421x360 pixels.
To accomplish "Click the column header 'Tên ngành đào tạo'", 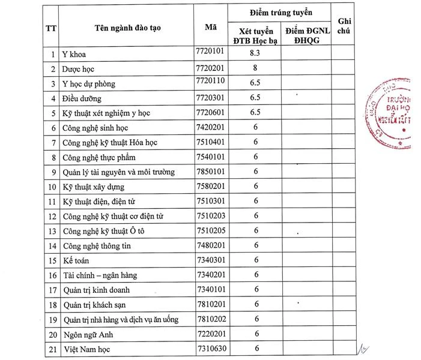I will pyautogui.click(x=127, y=27).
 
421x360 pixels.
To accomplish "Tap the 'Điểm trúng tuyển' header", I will pyautogui.click(x=281, y=12).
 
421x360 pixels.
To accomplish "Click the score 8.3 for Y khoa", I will pyautogui.click(x=255, y=53).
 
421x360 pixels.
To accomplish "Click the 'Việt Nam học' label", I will pyautogui.click(x=85, y=349).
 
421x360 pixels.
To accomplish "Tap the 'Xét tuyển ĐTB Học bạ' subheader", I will pyautogui.click(x=255, y=35).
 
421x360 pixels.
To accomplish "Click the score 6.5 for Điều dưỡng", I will pyautogui.click(x=255, y=97).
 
